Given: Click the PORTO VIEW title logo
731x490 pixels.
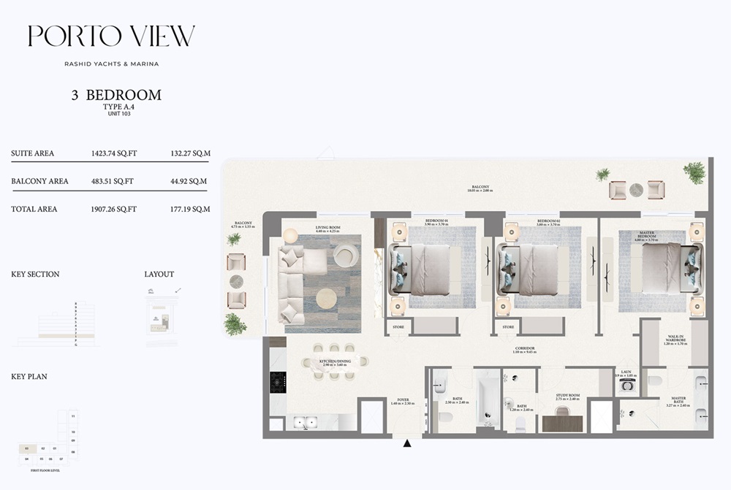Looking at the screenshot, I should [x=111, y=37].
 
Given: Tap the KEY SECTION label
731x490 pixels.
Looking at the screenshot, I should [x=35, y=275].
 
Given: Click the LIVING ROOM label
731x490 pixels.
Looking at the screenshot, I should [x=328, y=228].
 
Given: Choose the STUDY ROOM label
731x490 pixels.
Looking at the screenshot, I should [x=567, y=397].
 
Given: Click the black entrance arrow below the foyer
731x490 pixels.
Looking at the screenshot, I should [x=407, y=442].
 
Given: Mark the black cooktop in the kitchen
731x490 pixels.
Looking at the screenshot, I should [x=278, y=380].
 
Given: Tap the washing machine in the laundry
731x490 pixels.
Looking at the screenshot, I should [x=626, y=388].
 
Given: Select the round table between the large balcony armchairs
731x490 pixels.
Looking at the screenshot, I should [x=637, y=190].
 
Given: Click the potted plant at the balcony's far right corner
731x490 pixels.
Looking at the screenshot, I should [x=694, y=172].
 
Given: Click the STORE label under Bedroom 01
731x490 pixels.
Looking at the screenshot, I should [x=398, y=327].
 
